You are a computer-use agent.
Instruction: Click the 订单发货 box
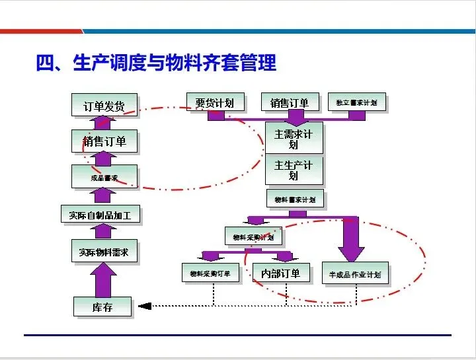tap(104, 106)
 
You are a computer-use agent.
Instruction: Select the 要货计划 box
tap(214, 103)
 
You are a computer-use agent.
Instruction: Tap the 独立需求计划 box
tap(356, 102)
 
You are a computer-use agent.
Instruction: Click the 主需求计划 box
tap(294, 139)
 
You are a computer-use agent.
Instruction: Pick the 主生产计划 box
tap(294, 170)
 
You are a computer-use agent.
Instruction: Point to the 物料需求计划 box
tap(295, 199)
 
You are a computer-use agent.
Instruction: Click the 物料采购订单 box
tap(210, 273)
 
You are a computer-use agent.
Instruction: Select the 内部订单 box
tap(280, 273)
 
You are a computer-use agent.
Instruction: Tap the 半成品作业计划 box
tap(354, 273)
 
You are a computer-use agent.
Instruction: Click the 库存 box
tap(102, 307)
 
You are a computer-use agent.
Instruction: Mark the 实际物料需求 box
tap(104, 252)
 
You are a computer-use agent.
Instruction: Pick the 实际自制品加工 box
tap(100, 215)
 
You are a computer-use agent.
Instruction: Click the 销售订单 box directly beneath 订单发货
tap(104, 141)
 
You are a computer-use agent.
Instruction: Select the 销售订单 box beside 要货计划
tap(290, 102)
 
